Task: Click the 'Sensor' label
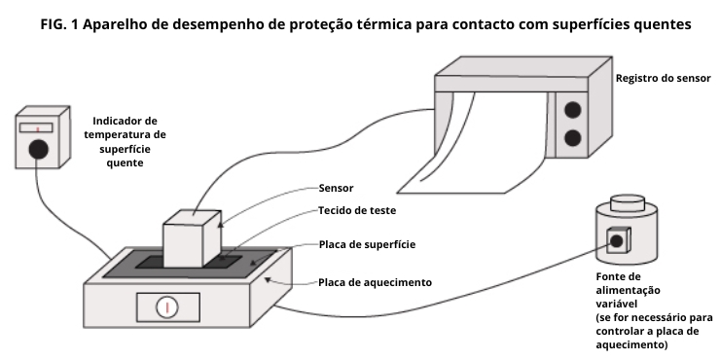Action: pos(336,188)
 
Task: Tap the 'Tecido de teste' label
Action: pos(357,211)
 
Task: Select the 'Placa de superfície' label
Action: pos(367,245)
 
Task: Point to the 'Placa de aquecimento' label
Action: pos(375,282)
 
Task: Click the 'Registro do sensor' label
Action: pos(663,79)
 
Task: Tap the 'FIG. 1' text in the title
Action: pos(59,24)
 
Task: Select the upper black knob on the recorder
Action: pos(573,110)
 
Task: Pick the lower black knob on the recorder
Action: pos(573,138)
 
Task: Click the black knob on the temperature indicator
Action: pos(39,149)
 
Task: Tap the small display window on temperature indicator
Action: pos(36,128)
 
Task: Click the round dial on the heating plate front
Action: pos(167,307)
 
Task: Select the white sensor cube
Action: pos(193,238)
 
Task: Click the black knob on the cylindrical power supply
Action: pos(617,240)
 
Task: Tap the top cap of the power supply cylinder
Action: pos(627,201)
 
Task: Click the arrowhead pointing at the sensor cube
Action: pos(221,225)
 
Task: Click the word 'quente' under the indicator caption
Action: pos(125,163)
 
